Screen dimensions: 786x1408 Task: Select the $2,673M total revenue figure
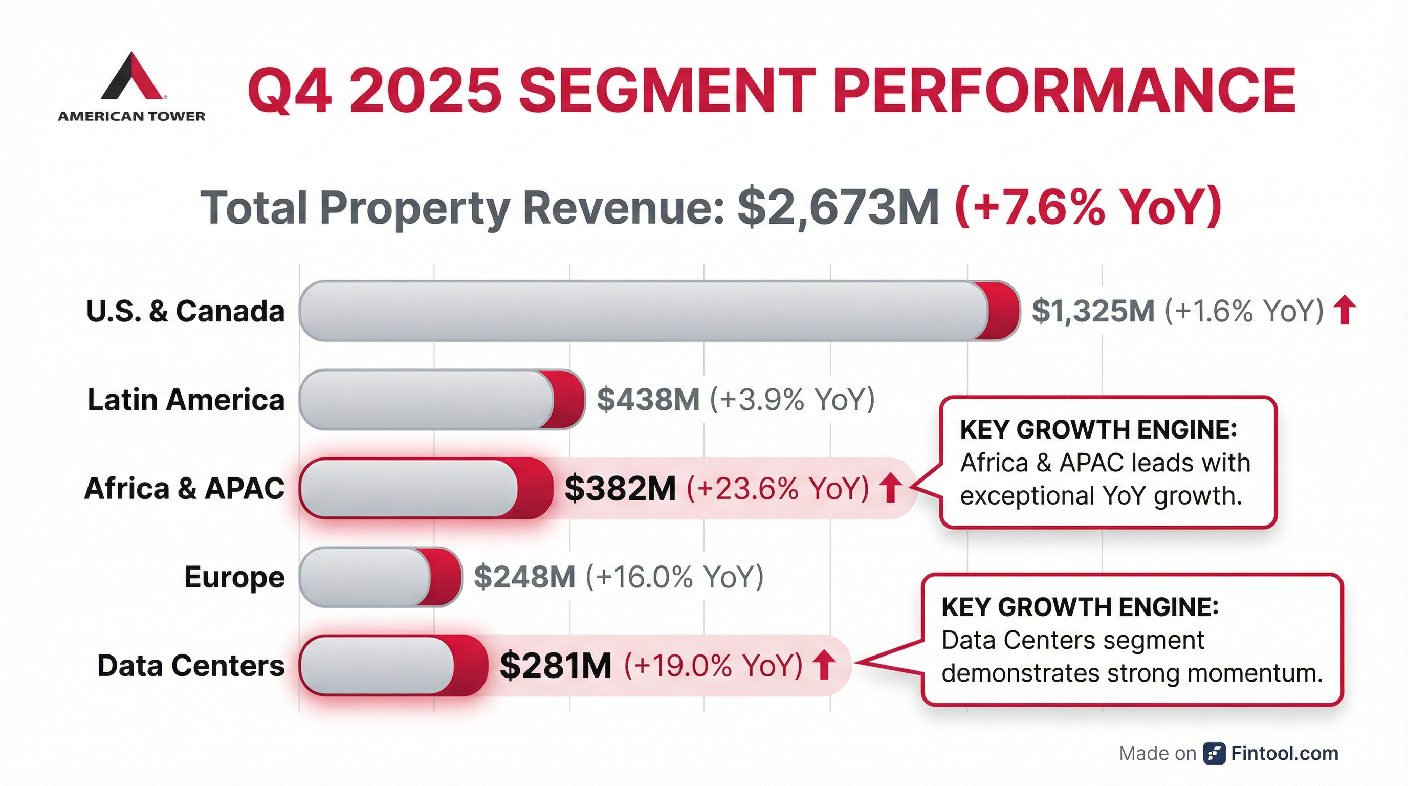tap(838, 207)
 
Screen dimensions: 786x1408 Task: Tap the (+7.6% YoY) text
tap(1088, 207)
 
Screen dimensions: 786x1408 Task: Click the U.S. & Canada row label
tap(185, 311)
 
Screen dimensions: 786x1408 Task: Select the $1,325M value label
tap(1093, 311)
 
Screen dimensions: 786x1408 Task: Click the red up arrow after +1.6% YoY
tap(1345, 311)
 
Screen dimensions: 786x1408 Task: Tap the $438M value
tap(648, 400)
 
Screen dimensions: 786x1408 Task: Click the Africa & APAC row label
tap(184, 488)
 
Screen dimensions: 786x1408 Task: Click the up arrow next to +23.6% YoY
tap(890, 488)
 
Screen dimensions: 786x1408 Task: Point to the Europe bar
tap(380, 577)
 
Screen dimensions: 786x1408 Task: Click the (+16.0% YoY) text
tap(674, 577)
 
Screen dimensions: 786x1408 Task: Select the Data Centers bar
tap(392, 666)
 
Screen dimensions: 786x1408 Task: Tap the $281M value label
tap(555, 666)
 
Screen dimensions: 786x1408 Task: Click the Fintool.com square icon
tap(1214, 753)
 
